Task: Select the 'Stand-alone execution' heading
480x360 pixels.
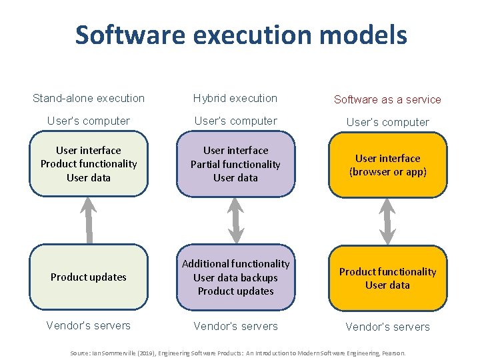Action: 89,98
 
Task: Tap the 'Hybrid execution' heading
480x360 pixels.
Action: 235,98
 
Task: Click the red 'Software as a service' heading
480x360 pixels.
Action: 387,99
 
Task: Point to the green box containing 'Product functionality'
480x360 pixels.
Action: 89,164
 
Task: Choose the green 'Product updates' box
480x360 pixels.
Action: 89,277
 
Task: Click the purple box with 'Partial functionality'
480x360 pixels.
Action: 235,164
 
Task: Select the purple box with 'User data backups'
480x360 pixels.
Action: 235,277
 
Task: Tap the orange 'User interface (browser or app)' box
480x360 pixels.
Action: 387,165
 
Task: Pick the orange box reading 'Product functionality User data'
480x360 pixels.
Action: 387,278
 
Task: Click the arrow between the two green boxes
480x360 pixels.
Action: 88,220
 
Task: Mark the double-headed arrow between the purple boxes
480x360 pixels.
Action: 235,220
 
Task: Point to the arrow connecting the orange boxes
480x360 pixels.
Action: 387,221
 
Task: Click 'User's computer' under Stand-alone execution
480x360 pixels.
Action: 89,121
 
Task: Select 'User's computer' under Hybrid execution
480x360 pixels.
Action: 235,121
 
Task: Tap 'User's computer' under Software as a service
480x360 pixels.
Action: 387,122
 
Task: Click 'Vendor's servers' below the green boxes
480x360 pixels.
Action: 89,325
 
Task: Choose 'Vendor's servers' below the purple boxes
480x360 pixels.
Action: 235,326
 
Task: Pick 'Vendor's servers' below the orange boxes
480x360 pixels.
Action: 387,327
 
